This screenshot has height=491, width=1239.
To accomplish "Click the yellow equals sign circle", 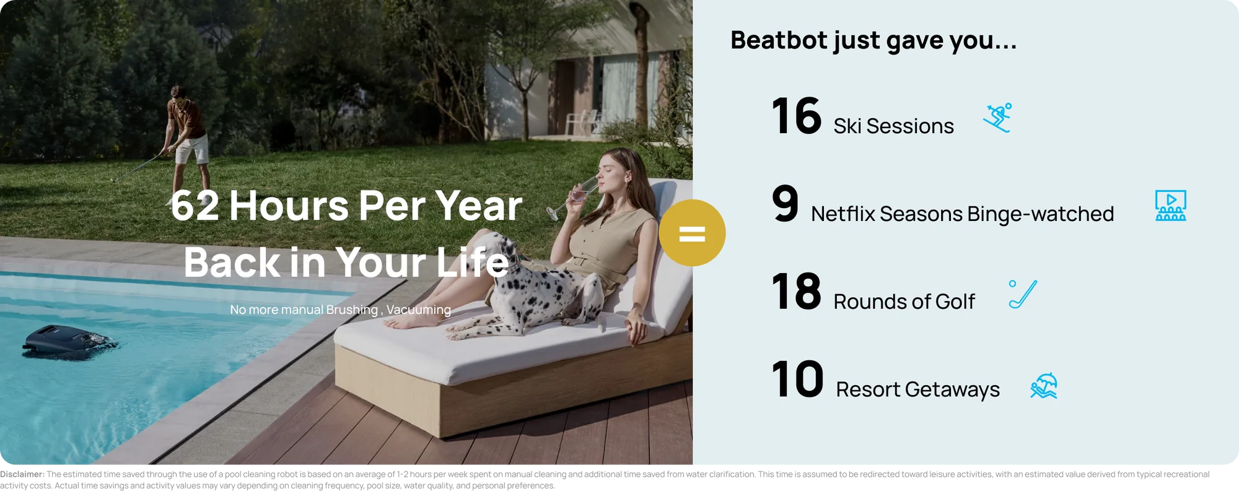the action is click(692, 233).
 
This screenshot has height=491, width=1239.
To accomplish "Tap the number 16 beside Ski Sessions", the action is click(797, 116).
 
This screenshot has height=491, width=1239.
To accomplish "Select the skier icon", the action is click(997, 118).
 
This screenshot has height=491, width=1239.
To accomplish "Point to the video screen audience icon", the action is click(1170, 206).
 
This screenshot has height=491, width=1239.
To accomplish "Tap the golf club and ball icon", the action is click(1023, 294).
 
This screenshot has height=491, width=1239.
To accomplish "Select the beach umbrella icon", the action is click(1044, 386).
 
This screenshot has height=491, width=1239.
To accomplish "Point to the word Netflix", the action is click(843, 214).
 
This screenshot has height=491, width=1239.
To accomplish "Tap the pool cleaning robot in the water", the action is click(68, 341).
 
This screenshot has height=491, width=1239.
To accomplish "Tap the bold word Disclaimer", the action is click(22, 474).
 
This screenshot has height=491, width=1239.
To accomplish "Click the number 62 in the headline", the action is click(195, 206).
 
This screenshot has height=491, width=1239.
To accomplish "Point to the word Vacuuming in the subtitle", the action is click(419, 310).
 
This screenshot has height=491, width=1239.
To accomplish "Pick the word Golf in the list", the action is click(955, 302).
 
